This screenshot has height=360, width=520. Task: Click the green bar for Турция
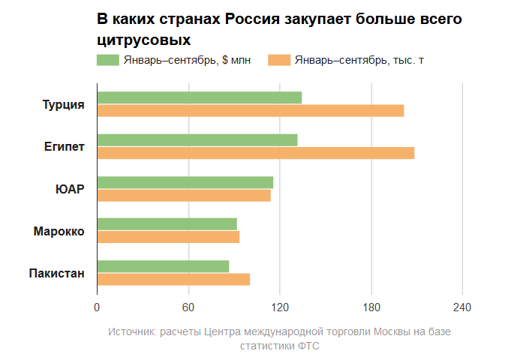[x=200, y=97]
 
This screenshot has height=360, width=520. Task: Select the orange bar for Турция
[x=251, y=111]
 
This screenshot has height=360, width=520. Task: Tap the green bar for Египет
[x=197, y=139]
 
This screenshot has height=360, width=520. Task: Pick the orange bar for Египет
[x=256, y=153]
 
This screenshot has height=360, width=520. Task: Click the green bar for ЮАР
[x=185, y=182]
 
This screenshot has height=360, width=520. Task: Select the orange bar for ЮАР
[x=184, y=195]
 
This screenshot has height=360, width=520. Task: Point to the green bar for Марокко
[x=167, y=224]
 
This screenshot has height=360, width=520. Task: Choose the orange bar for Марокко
[x=168, y=237]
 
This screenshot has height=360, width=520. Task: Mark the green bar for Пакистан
[x=163, y=266]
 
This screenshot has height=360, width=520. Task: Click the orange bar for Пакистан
[x=173, y=280]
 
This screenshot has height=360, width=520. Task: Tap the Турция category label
[x=63, y=104]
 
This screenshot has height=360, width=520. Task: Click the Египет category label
[x=64, y=146]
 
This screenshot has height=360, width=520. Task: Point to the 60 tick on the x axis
[x=188, y=307]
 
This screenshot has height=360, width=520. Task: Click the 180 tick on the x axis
[x=371, y=307]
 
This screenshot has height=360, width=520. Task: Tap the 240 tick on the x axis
[x=462, y=307]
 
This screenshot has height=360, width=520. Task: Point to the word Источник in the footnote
[x=131, y=331]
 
